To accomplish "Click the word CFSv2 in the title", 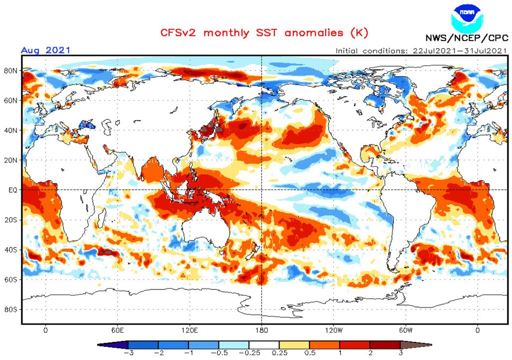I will (x=179, y=33).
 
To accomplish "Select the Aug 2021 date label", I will (x=45, y=50).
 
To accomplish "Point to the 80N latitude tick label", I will (x=11, y=70).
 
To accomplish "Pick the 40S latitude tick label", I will (x=11, y=249).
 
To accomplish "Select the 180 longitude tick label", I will (x=262, y=330).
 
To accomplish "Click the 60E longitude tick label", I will (x=117, y=330).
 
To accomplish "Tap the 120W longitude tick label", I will (x=334, y=330).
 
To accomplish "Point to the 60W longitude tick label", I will (x=406, y=330).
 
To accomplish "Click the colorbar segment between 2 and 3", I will (x=384, y=345).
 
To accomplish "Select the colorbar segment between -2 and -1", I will (x=173, y=345).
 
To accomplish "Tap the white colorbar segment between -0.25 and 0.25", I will (x=264, y=345).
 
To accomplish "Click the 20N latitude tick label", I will (x=11, y=160).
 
